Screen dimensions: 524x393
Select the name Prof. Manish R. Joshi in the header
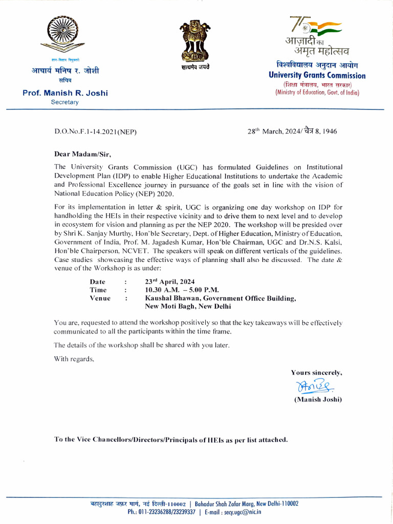(x=65, y=93)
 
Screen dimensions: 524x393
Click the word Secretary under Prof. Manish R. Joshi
(x=64, y=102)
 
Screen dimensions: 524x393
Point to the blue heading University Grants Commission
(x=317, y=76)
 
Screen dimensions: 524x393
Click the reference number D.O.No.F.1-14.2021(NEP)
(x=96, y=132)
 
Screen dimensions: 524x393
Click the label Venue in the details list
(x=100, y=298)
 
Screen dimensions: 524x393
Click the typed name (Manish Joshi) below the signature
(x=317, y=399)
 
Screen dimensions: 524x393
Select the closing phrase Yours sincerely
(x=316, y=373)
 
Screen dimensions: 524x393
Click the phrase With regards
(x=74, y=359)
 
